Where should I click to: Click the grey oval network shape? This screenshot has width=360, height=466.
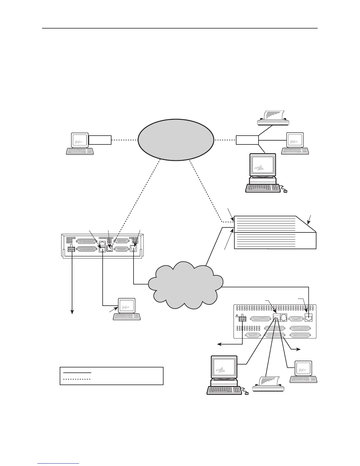[x=176, y=140]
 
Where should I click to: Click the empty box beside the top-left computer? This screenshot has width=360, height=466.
[x=100, y=140]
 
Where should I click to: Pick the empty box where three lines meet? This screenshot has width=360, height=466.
[x=247, y=140]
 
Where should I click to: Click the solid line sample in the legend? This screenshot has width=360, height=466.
[x=77, y=372]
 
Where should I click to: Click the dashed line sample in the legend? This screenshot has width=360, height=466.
[x=77, y=379]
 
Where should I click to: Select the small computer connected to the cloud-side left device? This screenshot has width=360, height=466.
[x=127, y=309]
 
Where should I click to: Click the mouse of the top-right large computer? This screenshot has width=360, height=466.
[x=285, y=192]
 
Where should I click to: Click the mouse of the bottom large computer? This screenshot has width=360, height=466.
[x=246, y=393]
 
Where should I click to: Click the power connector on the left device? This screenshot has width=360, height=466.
[x=71, y=249]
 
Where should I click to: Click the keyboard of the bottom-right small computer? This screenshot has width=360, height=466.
[x=303, y=380]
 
